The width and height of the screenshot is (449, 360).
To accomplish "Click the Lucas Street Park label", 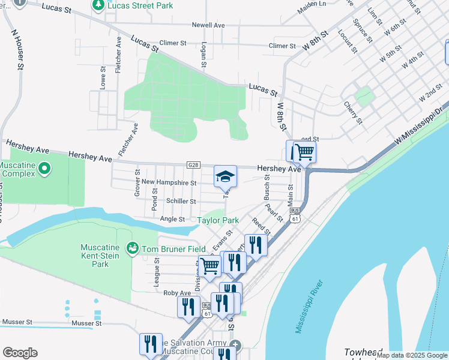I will tap(140, 5).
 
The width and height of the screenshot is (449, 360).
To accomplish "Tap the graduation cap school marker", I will tap(226, 176).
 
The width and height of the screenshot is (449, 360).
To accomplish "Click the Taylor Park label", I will tap(218, 220).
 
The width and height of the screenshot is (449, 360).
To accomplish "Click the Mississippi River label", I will tap(310, 307).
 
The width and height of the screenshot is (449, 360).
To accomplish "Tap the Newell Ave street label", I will tap(208, 25).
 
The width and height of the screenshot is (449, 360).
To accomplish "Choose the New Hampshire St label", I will tap(169, 182).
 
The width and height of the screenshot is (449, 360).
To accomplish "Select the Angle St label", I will tap(172, 219).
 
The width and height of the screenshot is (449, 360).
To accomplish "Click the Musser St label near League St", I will tap(85, 323).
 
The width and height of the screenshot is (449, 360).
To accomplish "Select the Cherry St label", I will tap(353, 113).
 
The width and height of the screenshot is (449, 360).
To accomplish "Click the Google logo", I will tap(20, 353).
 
